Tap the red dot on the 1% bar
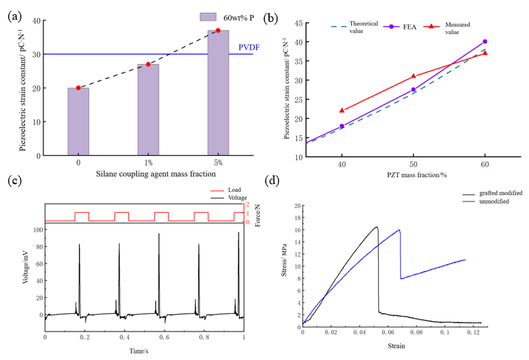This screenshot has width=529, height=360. tap(148, 64)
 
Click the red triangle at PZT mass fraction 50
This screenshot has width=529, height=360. tap(414, 76)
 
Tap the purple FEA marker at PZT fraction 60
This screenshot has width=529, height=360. tap(485, 42)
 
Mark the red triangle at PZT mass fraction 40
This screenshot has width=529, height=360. tap(342, 110)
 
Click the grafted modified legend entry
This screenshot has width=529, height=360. tap(492, 193)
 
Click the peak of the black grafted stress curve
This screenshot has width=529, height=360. tap(377, 227)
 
